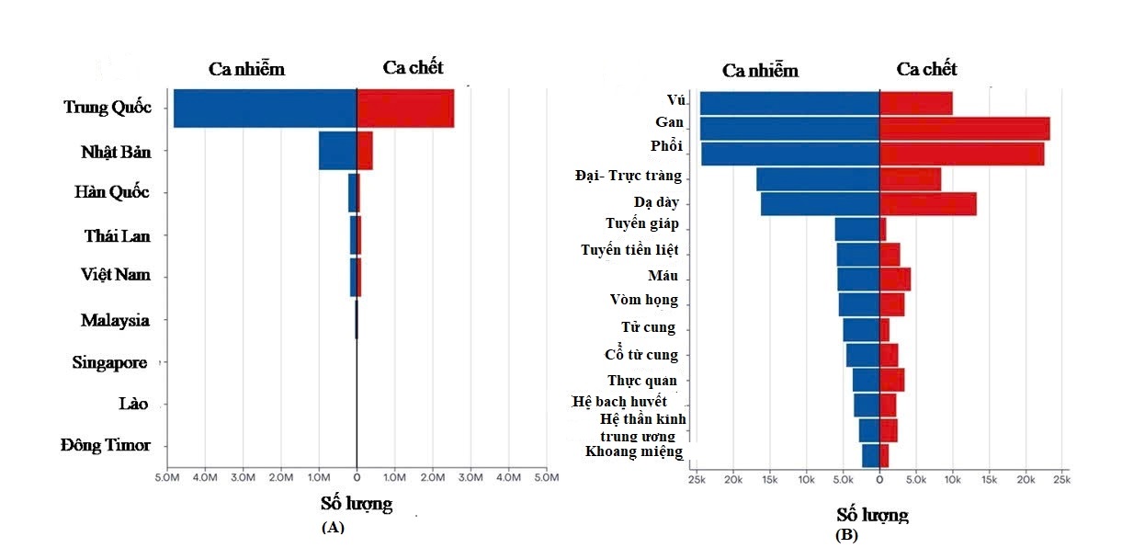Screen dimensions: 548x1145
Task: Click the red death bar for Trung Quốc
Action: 404,108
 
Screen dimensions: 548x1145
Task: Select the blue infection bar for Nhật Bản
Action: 337,151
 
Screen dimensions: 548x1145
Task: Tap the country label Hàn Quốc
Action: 112,193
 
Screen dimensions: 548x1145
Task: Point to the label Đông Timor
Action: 106,445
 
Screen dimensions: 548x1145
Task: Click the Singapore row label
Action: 110,363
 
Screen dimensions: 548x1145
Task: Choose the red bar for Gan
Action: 964,129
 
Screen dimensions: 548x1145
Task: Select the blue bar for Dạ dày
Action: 820,204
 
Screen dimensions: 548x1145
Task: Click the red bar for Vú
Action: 915,103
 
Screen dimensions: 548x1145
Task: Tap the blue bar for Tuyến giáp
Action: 856,229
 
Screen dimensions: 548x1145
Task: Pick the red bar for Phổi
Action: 961,154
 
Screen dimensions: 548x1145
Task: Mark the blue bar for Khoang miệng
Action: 870,455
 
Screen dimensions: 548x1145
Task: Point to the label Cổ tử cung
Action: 641,355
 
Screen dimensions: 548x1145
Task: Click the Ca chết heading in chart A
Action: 413,67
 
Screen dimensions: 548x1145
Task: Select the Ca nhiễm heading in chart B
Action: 760,71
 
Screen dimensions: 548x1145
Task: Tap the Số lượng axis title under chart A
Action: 357,504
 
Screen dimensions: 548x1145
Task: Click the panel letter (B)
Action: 846,534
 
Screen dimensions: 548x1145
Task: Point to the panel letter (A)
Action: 333,527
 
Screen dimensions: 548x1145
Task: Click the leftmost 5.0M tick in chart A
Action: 166,478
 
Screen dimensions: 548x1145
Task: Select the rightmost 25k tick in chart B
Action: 1061,480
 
